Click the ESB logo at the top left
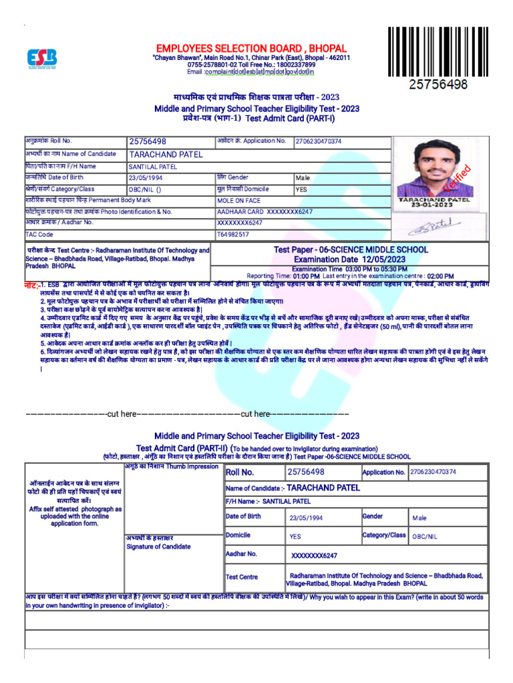(41, 59)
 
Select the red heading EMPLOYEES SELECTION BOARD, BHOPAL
(251, 49)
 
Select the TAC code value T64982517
(233, 235)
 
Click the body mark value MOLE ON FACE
(238, 200)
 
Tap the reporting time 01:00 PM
(306, 275)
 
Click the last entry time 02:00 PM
(440, 275)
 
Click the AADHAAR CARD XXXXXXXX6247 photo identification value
(265, 211)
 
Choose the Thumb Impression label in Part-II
(172, 467)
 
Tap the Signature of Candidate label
(158, 546)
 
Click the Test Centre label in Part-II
(242, 577)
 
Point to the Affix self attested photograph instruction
(75, 516)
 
